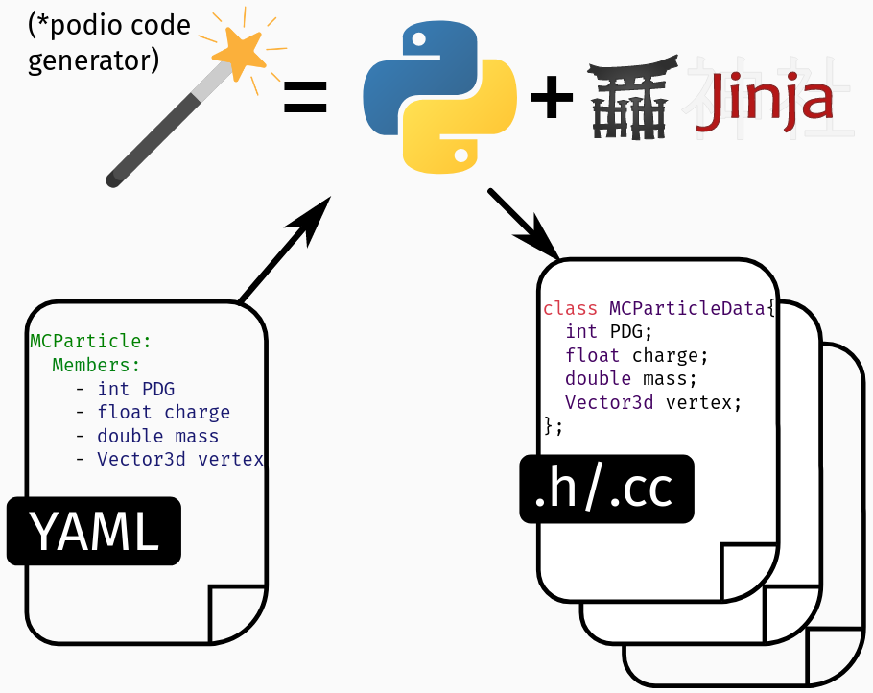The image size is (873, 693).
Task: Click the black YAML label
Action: pos(94,530)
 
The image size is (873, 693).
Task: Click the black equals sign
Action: pos(305,98)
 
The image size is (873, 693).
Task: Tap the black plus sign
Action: pos(552,100)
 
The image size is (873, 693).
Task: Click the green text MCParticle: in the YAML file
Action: pos(91,341)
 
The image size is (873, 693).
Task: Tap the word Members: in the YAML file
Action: pos(96,365)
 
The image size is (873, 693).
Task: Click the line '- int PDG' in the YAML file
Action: pos(125,389)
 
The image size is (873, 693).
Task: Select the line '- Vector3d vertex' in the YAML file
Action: pos(169,459)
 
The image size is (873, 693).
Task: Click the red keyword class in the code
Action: pos(570,309)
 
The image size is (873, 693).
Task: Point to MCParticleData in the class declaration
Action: pos(688,309)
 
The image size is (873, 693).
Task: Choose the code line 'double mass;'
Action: pos(631,379)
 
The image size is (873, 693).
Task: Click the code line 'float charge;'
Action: pos(636,355)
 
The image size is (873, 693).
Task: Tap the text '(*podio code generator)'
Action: pos(107,43)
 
